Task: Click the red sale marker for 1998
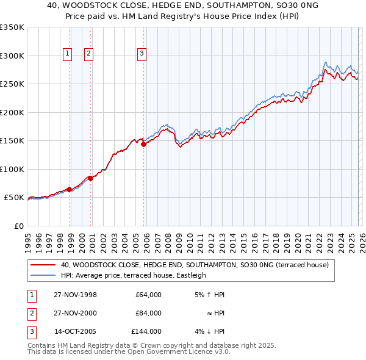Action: click(x=70, y=189)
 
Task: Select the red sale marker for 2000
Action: click(x=91, y=178)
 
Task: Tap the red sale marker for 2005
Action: click(x=144, y=145)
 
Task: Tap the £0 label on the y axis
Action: click(x=18, y=226)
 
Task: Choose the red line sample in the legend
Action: click(x=43, y=265)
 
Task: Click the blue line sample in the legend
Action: click(x=43, y=275)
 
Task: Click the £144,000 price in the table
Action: click(x=146, y=331)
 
